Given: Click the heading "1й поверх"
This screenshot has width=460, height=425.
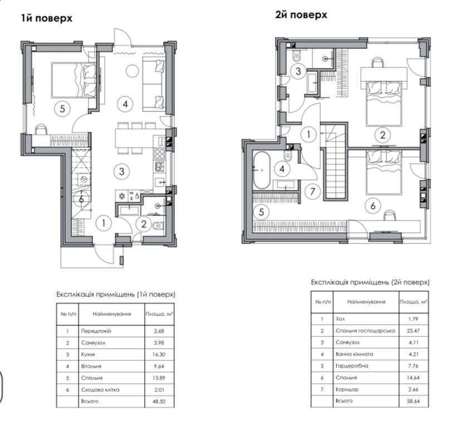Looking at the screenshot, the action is tap(47, 18).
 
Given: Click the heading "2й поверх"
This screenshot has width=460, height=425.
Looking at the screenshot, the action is tap(301, 14).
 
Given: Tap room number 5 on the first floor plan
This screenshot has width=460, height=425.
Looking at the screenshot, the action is tap(62, 109).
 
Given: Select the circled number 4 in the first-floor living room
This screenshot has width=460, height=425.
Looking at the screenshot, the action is tap(125, 104).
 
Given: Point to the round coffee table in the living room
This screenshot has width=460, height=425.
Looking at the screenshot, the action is tap(132, 71).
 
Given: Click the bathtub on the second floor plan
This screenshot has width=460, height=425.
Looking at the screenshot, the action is tap(261, 170).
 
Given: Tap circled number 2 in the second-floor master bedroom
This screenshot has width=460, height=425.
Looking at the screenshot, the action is tap(383, 135).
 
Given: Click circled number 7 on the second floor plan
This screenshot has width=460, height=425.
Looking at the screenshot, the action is tap(312, 192).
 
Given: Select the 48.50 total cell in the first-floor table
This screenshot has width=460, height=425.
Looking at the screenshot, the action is tap(159, 401).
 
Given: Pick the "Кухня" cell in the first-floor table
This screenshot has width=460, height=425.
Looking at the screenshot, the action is tap(88, 355).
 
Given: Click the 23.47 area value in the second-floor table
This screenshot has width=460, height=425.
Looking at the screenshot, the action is tap(413, 331).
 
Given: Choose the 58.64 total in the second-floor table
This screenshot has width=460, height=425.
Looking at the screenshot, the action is tap(413, 400).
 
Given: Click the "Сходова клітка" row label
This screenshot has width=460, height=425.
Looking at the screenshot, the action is tap(100, 390).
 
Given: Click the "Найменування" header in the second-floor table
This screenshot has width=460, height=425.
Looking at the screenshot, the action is tap(366, 302).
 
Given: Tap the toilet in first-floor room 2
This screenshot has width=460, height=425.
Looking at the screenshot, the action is tap(158, 226).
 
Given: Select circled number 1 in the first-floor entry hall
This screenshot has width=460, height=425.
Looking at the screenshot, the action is tap(103, 224).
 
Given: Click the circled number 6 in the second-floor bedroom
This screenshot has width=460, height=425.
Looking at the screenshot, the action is tap(373, 206).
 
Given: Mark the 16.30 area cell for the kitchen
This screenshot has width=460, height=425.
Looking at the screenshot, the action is tap(159, 355).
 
